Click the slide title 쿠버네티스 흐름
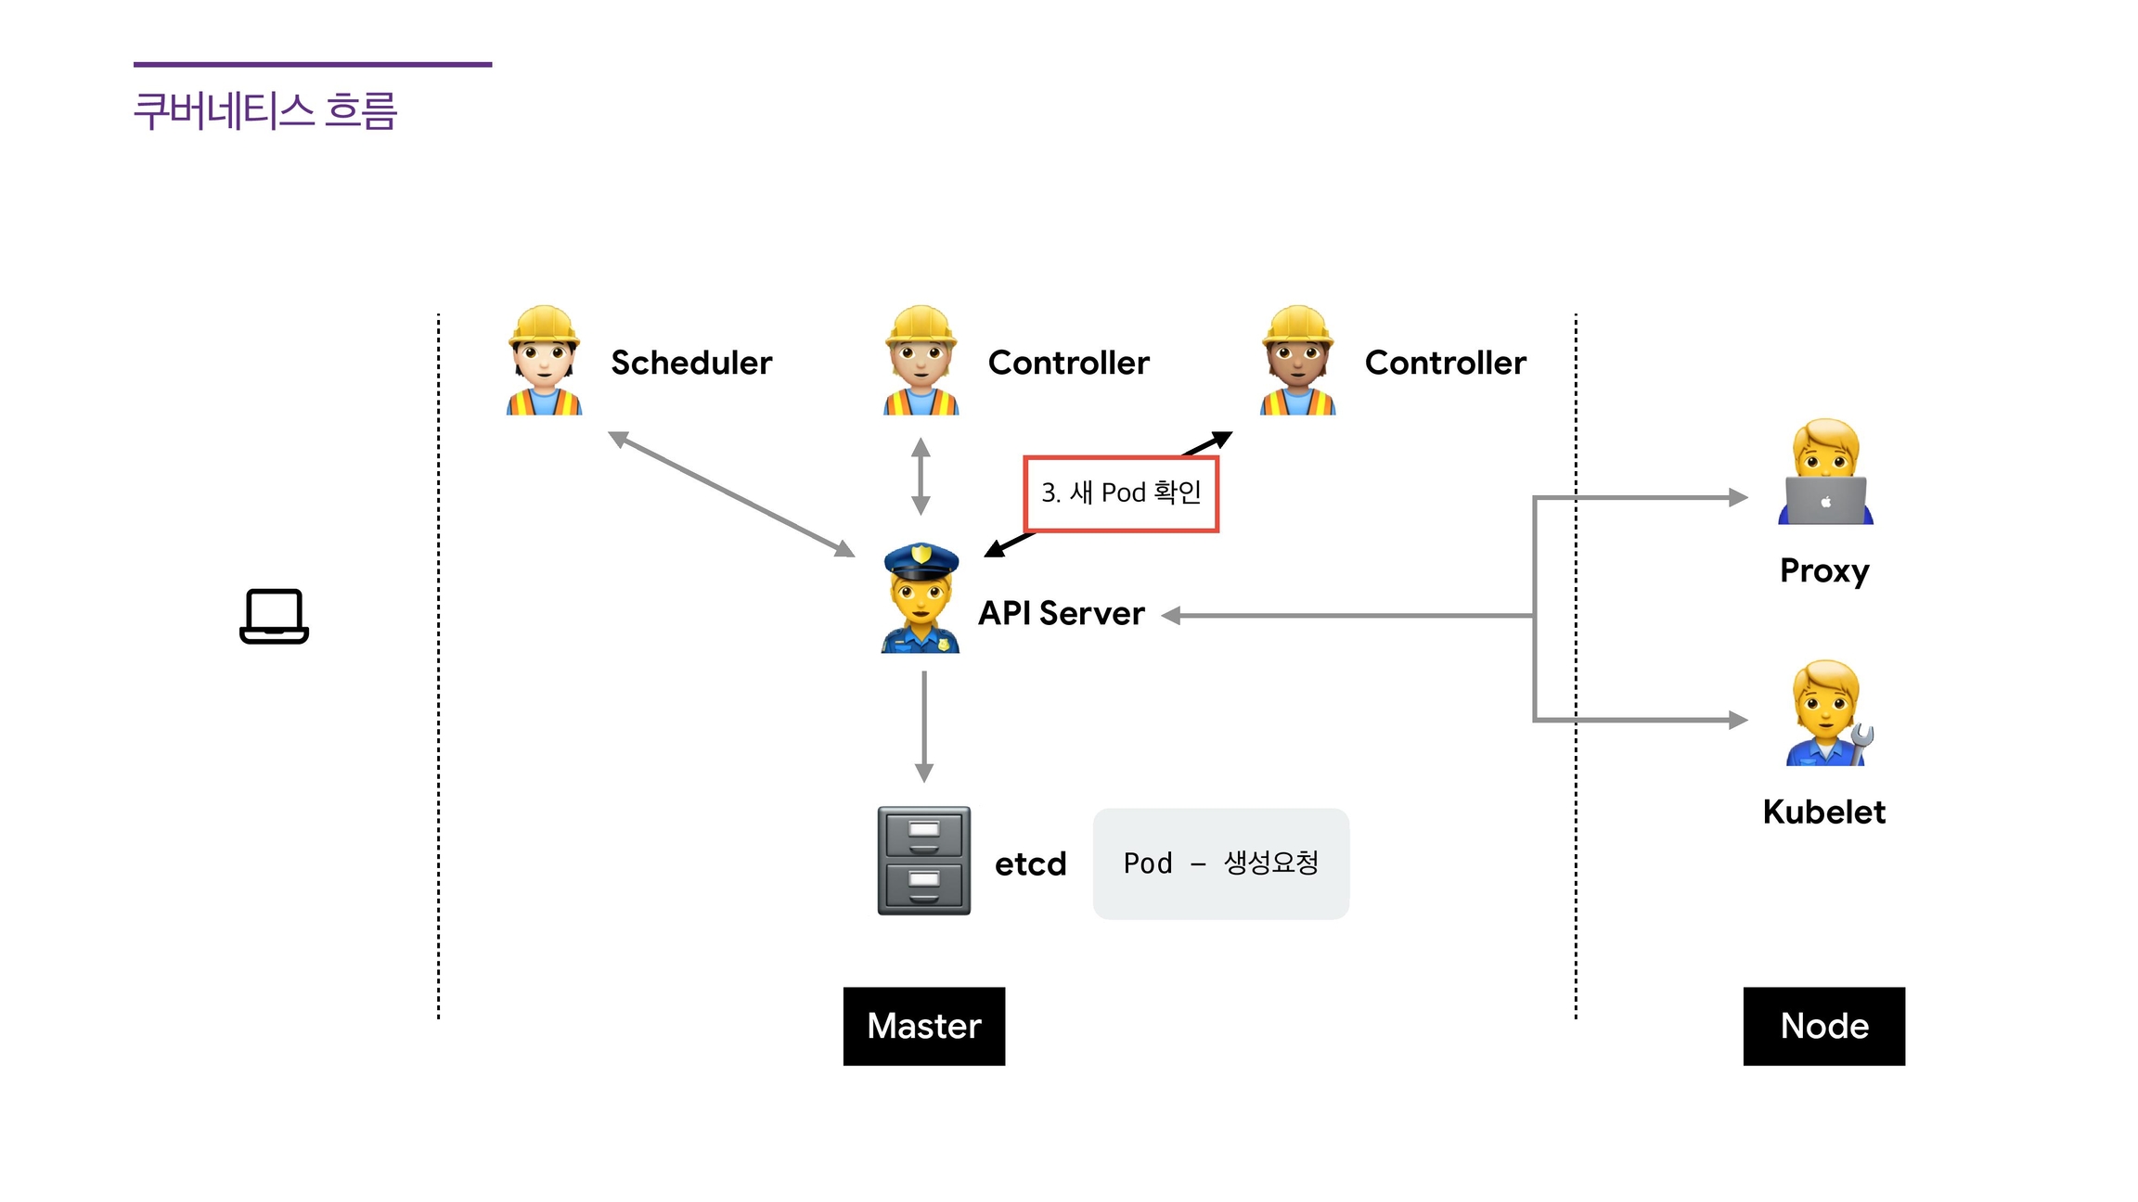pos(265,111)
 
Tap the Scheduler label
pos(691,363)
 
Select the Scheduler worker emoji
pos(544,361)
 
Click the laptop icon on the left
pos(274,616)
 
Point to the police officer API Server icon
pos(921,598)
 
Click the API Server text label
pos(1062,613)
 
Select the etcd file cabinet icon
pos(924,861)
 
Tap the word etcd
pos(1030,863)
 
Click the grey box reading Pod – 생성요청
pos(1220,863)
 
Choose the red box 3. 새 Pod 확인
pos(1121,493)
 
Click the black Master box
pos(924,1026)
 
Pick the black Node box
pos(1823,1026)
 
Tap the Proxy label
pos(1824,570)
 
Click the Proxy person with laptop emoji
pos(1825,472)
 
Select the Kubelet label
pos(1823,812)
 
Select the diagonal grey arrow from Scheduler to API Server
pos(731,493)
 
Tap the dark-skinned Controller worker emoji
pos(1297,361)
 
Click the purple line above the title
pos(313,65)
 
